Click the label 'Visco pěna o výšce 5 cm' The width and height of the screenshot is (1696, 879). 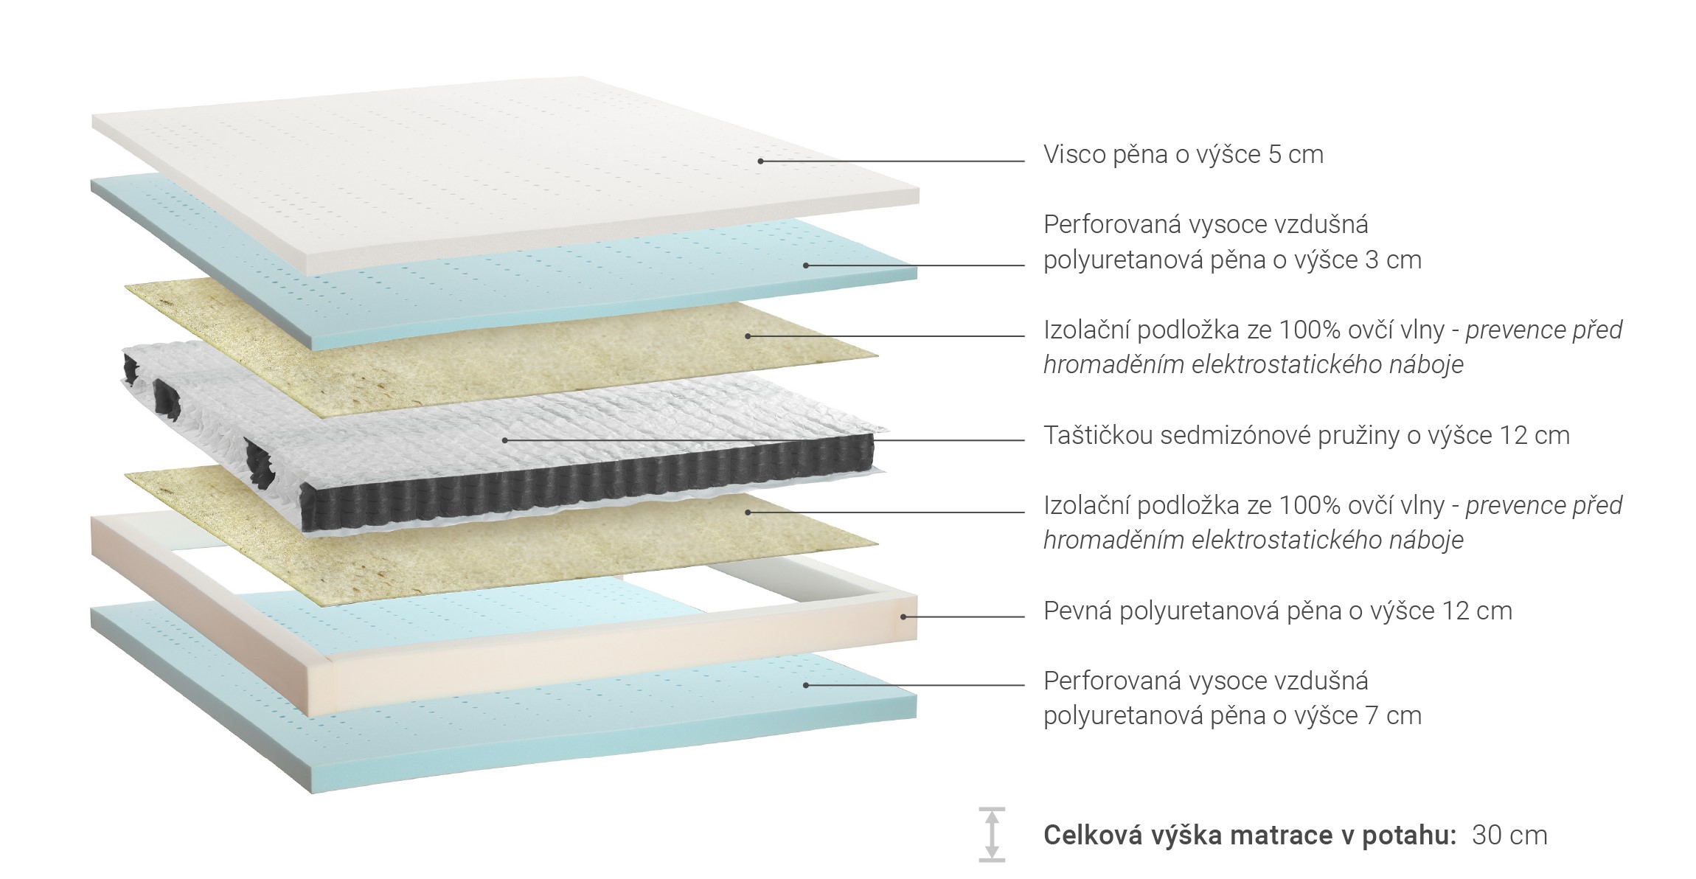(x=1183, y=155)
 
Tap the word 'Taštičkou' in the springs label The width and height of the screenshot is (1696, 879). (x=1097, y=436)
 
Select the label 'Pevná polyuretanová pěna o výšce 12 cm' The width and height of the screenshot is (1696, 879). (x=1277, y=611)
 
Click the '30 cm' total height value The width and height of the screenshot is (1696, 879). (x=1509, y=835)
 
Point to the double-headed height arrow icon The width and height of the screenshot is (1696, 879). (x=992, y=834)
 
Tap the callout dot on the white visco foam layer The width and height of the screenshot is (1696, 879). (x=760, y=161)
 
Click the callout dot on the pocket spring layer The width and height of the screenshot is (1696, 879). (x=504, y=440)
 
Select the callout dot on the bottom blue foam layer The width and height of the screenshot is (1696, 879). (x=805, y=685)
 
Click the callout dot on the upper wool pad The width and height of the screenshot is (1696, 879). (x=747, y=336)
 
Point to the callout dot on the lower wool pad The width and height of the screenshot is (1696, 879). (x=747, y=512)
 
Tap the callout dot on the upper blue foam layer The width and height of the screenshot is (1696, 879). (x=805, y=265)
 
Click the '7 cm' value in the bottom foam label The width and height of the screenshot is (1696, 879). (x=1396, y=716)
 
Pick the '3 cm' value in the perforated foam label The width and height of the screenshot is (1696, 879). (x=1396, y=260)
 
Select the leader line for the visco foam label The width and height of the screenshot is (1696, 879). (x=892, y=161)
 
